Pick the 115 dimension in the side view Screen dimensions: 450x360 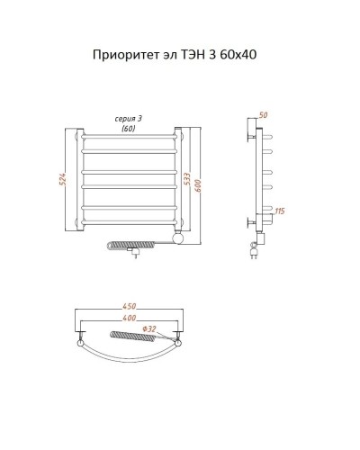coord(280,211)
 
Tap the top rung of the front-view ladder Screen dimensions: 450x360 coord(130,141)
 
